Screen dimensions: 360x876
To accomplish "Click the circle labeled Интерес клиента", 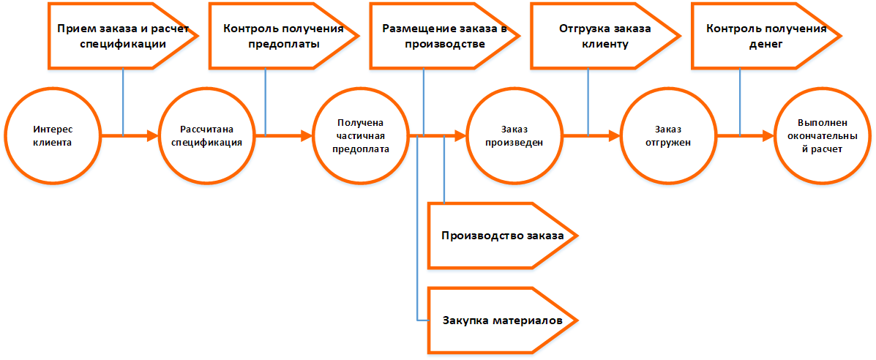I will (x=53, y=135).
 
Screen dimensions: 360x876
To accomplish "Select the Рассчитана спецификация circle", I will (x=206, y=135).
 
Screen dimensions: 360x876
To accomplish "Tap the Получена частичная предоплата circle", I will (x=360, y=135).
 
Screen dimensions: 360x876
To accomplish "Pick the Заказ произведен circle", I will (x=514, y=135).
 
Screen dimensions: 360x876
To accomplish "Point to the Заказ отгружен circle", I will (x=667, y=135).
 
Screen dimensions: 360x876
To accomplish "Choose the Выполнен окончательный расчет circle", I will (x=821, y=135).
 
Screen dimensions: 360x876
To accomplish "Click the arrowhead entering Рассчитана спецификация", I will (x=154, y=135).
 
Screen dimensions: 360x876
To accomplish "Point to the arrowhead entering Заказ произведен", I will (x=461, y=135).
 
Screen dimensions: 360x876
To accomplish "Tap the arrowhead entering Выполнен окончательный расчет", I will (x=768, y=135).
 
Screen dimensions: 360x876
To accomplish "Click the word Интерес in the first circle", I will (x=53, y=129).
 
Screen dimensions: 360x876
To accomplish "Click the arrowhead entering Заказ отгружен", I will (x=615, y=135).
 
